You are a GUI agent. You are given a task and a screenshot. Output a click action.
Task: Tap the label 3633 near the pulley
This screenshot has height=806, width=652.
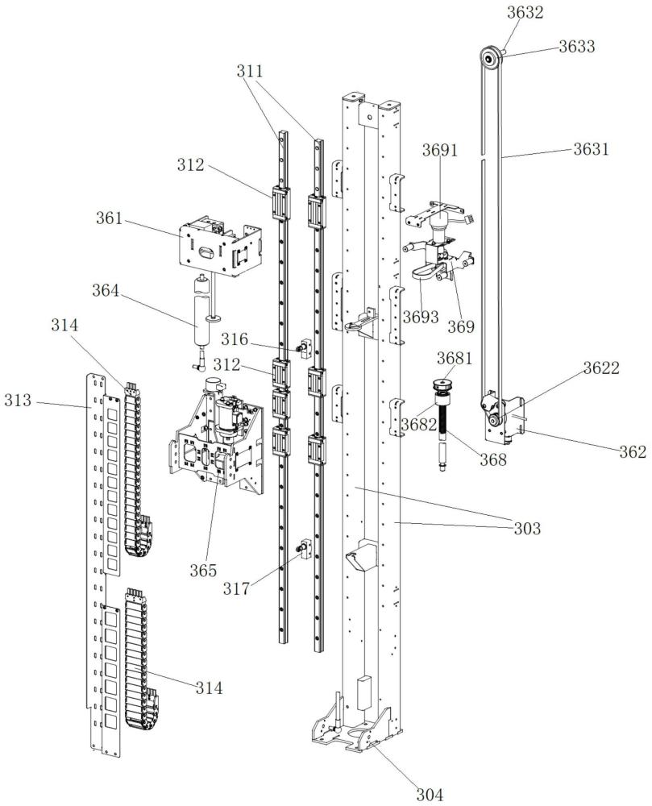[577, 47]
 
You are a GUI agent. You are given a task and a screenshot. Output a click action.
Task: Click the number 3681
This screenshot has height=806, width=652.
[454, 357]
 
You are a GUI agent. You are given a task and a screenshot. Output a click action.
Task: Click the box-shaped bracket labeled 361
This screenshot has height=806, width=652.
[218, 247]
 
